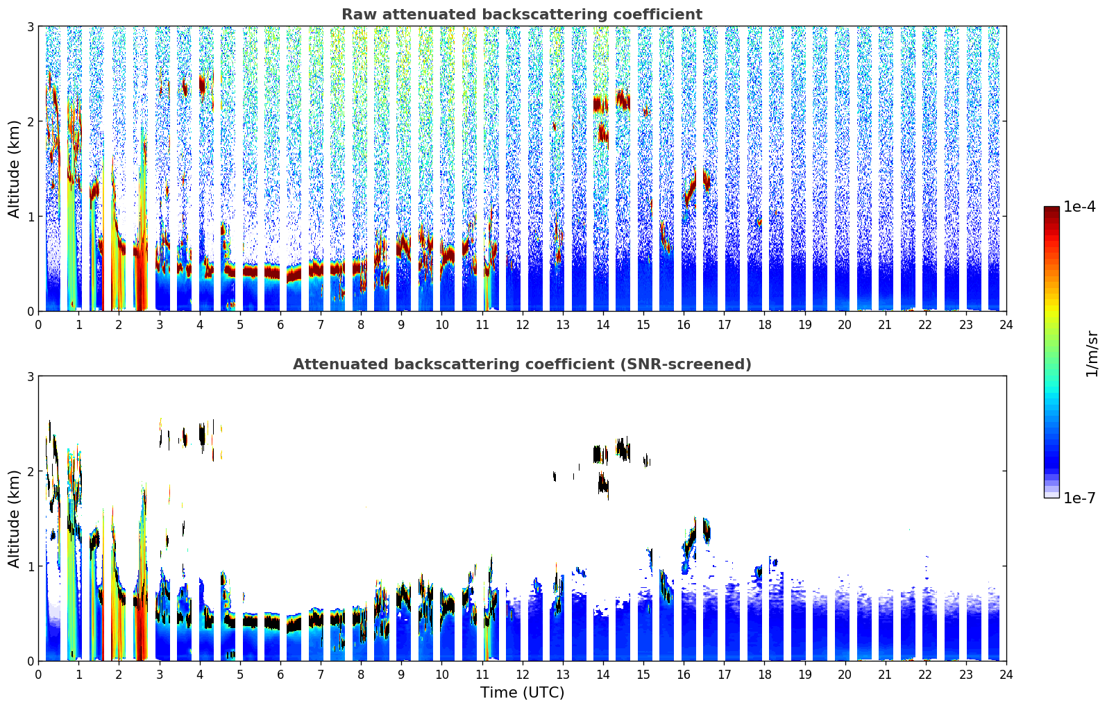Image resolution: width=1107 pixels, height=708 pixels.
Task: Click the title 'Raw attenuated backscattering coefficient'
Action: click(x=521, y=15)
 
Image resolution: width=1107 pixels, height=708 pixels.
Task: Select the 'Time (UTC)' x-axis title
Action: click(x=522, y=693)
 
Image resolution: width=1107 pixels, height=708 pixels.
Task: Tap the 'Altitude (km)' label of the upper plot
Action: click(x=15, y=169)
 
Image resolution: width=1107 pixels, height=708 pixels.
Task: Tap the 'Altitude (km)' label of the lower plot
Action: click(x=15, y=519)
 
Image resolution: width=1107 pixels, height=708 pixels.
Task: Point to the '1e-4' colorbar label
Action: click(x=1079, y=207)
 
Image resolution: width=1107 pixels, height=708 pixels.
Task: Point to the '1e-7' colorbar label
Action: click(x=1079, y=498)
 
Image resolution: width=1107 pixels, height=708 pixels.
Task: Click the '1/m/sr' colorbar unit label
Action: click(x=1092, y=353)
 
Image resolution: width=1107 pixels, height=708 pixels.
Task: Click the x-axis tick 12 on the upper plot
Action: click(x=522, y=325)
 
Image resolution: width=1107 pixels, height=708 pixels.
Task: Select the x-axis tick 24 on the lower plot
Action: click(x=1006, y=675)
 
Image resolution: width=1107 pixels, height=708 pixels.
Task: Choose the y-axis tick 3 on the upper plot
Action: click(x=31, y=26)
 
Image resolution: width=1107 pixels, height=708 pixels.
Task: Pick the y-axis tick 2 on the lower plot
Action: click(x=31, y=471)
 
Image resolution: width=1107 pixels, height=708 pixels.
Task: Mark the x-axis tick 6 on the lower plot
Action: click(x=280, y=675)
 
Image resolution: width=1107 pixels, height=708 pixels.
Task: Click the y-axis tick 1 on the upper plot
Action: click(x=31, y=217)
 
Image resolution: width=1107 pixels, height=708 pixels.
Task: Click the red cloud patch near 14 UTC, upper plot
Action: click(x=600, y=105)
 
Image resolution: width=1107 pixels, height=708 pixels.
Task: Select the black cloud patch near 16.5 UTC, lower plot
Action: click(x=707, y=530)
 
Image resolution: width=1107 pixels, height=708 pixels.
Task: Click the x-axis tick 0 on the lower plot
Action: click(x=38, y=675)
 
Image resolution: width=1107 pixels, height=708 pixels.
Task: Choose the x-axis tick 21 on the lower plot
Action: click(x=885, y=675)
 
